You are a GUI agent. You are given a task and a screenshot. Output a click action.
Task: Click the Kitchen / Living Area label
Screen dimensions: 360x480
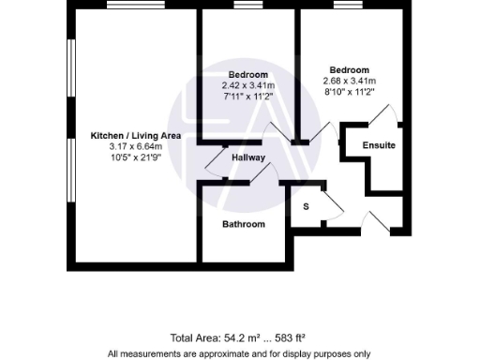click(x=135, y=136)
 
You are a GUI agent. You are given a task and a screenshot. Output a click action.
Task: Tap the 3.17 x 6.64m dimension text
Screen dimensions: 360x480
click(x=135, y=146)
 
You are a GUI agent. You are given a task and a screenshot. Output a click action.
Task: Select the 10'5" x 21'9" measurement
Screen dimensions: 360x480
click(x=135, y=157)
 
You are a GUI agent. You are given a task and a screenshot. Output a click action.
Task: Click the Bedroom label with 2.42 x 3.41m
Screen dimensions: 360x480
click(x=248, y=75)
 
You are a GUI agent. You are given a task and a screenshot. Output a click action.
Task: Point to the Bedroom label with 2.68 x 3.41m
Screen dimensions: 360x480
click(x=349, y=70)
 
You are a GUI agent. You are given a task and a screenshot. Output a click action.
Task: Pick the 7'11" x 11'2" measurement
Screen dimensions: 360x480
click(x=248, y=96)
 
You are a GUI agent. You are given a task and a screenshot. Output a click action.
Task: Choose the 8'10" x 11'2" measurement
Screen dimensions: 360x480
click(x=349, y=91)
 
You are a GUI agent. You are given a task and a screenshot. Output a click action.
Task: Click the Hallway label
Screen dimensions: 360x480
click(x=248, y=157)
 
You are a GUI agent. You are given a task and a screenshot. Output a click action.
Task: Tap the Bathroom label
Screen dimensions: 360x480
click(x=243, y=224)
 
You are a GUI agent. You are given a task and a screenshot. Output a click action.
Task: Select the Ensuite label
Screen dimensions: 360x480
click(x=379, y=146)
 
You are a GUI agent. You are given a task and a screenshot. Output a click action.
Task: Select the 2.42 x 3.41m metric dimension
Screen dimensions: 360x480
click(x=248, y=85)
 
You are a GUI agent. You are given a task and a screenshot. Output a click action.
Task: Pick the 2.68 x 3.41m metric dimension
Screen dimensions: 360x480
click(x=349, y=81)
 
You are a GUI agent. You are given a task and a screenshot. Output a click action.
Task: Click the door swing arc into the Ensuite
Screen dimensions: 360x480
click(x=384, y=116)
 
